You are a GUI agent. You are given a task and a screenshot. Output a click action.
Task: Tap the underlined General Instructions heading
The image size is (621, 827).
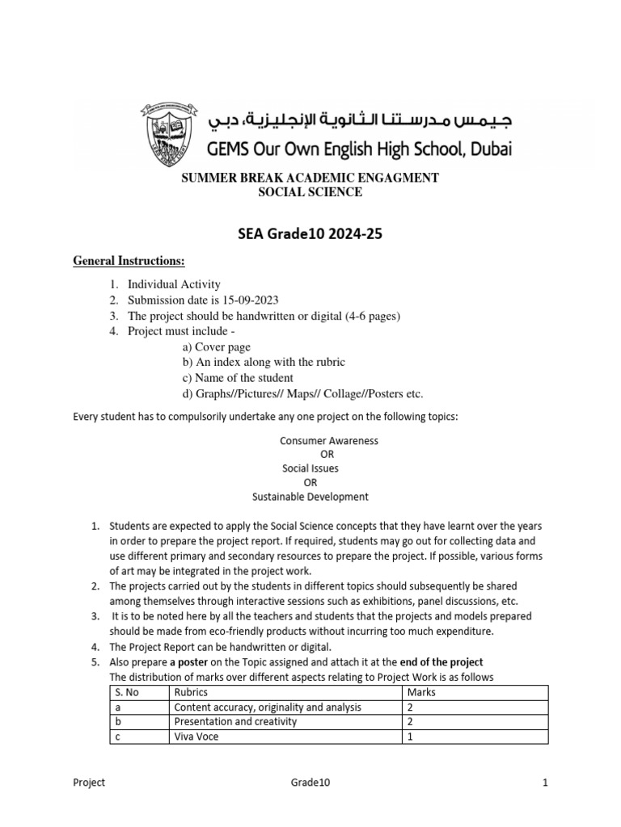tap(129, 262)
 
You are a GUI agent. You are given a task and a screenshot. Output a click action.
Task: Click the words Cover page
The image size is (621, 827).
tap(217, 346)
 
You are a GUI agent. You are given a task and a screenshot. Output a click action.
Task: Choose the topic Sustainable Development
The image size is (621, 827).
tap(310, 497)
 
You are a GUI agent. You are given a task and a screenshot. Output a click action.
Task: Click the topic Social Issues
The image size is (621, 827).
tap(310, 468)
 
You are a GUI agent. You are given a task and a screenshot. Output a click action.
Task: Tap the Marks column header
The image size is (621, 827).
tap(421, 692)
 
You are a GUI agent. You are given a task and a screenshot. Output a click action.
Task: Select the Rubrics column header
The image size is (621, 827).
tap(191, 692)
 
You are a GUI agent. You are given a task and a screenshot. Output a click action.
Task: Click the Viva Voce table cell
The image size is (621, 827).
tap(196, 736)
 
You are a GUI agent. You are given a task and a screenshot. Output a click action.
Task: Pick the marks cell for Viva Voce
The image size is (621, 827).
tap(411, 736)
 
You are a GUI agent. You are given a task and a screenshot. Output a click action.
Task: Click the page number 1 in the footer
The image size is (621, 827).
tap(546, 783)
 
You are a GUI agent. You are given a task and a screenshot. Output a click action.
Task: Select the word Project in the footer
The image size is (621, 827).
tap(89, 783)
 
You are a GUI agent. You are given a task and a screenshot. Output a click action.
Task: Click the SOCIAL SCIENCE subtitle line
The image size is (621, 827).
tap(310, 192)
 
